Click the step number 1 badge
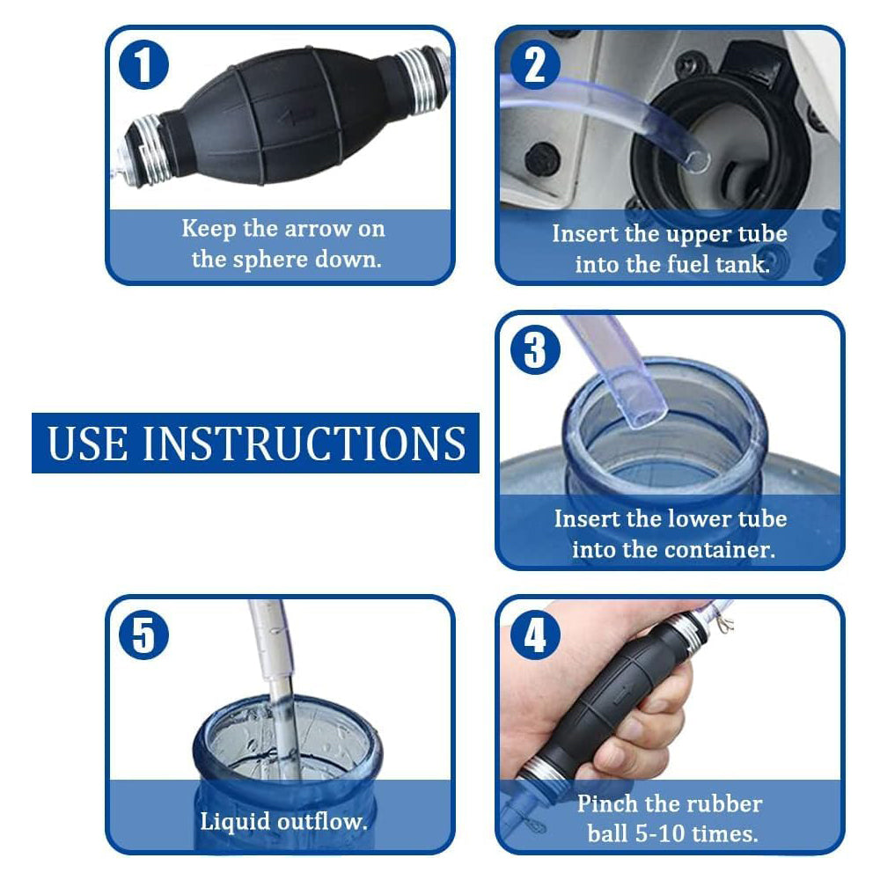143,65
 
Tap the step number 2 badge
535,65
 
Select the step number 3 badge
535,349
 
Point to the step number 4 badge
535,634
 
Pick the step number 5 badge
143,634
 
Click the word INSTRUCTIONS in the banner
304,444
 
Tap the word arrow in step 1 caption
318,229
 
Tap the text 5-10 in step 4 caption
659,834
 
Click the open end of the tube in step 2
696,161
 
